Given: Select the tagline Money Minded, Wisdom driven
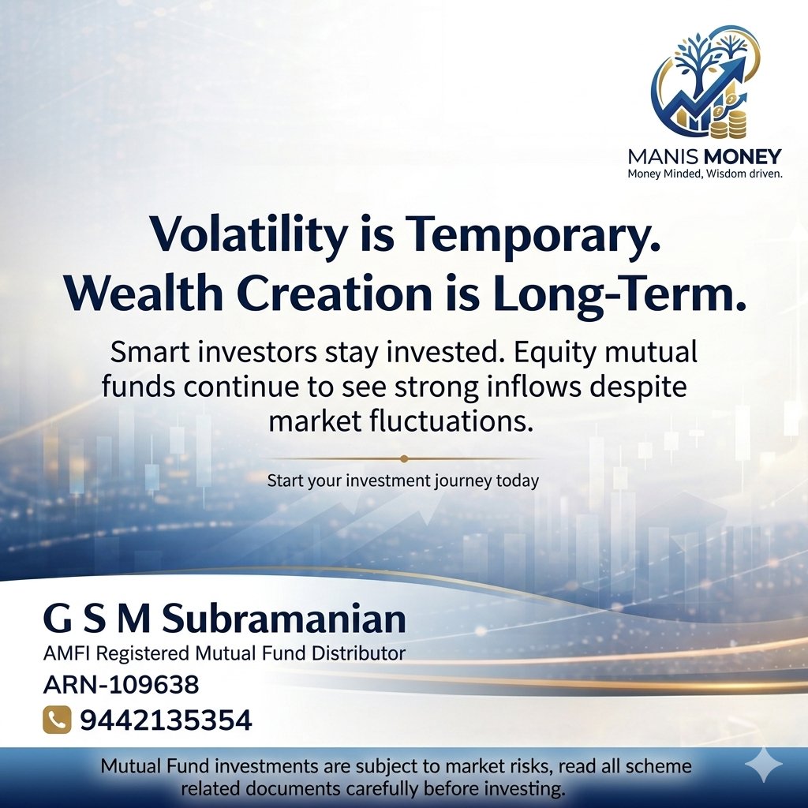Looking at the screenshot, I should click(x=704, y=174).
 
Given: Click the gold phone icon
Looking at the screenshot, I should click(x=54, y=719).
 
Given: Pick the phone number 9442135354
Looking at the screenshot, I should click(x=165, y=720).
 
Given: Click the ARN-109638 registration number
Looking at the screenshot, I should click(x=121, y=684).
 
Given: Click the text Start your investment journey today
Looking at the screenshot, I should click(x=402, y=481).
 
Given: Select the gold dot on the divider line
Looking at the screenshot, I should click(x=404, y=458).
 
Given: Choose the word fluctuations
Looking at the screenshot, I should click(x=447, y=421).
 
